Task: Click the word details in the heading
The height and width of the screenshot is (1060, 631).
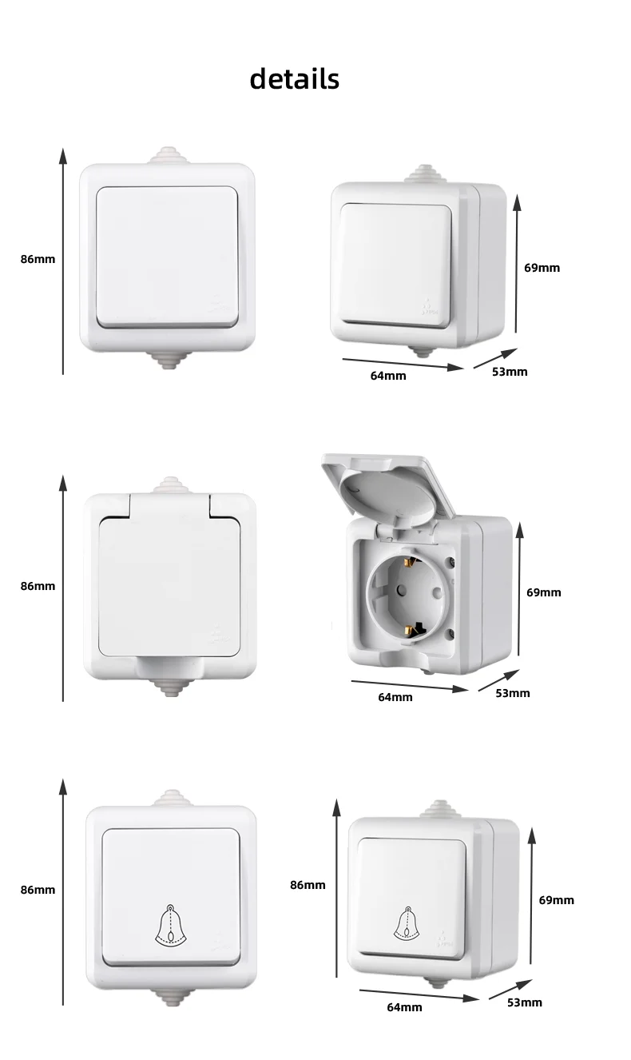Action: pos(294,79)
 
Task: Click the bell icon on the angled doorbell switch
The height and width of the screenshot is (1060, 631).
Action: pos(408,925)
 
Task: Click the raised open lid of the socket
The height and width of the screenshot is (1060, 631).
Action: pos(387,488)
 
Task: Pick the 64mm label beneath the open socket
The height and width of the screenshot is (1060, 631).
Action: pos(395,697)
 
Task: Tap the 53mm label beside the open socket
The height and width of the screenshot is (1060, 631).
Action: pos(512,692)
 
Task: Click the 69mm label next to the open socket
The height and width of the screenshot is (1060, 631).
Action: pos(543,592)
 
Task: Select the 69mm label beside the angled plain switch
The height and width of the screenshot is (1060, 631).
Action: pos(542,268)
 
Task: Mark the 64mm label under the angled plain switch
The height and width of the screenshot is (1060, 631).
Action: pos(388,375)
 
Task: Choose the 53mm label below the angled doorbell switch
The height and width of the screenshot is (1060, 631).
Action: pos(524,1002)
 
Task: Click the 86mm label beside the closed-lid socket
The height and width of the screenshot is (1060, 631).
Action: pos(38,586)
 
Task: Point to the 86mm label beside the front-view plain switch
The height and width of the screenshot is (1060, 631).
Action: pos(38,259)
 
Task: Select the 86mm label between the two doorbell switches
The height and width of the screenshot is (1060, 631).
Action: pos(308,884)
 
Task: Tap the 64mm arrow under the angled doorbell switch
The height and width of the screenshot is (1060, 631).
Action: pos(419,994)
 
